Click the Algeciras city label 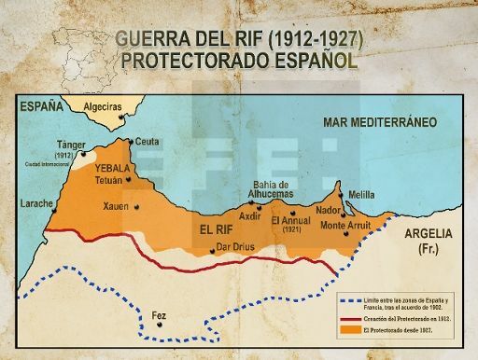coord(103,107)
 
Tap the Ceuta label coord(148,142)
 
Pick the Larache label coord(36,202)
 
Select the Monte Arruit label coord(345,225)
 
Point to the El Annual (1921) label coord(290,224)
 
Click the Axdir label coord(249,215)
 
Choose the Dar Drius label coord(234,248)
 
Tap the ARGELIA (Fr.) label coord(429,239)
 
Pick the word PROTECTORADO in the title coord(190,61)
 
